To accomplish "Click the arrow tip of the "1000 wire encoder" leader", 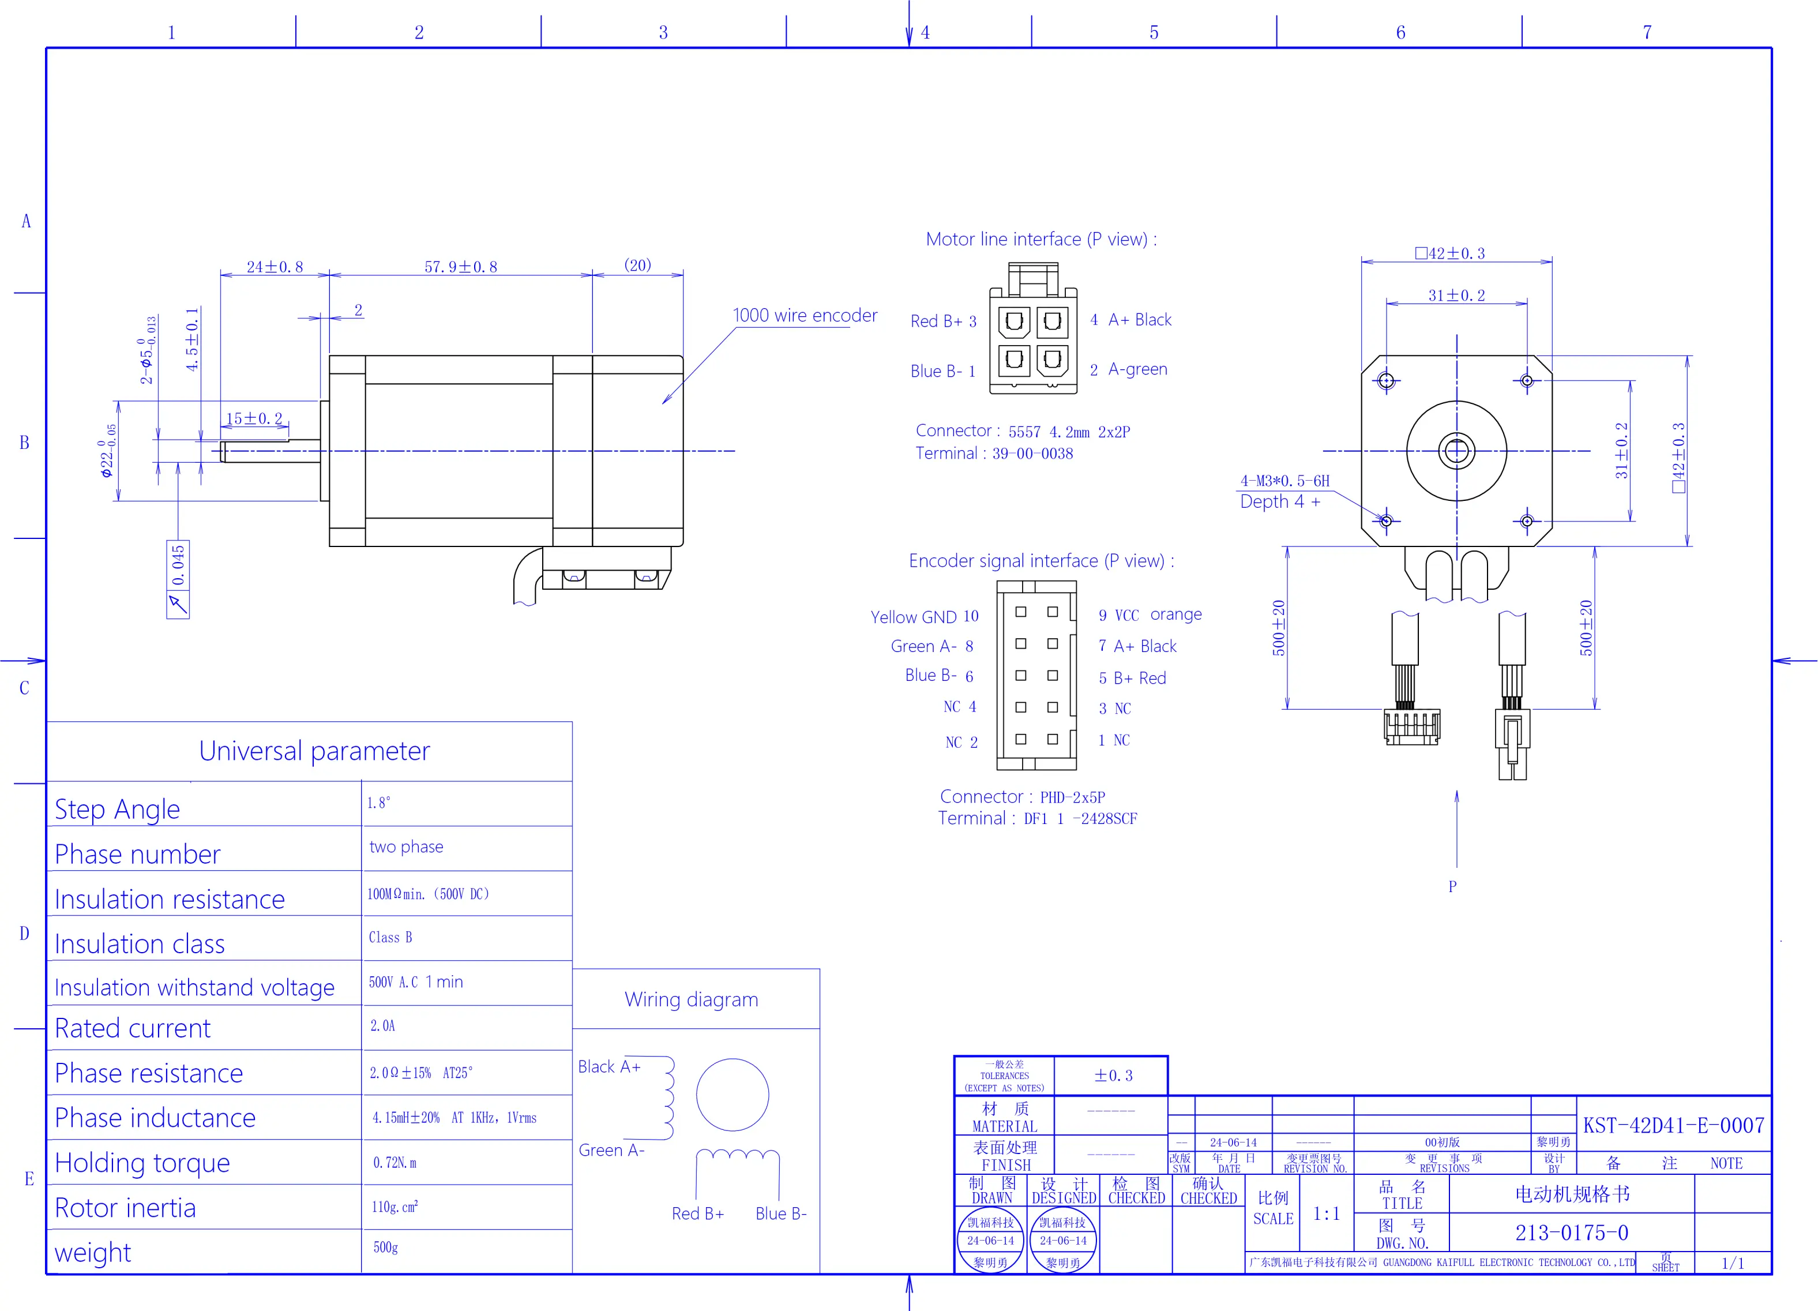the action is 662,404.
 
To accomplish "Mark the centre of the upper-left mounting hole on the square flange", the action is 1387,381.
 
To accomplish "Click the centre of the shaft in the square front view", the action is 1456,451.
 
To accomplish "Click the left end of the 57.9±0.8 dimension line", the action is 329,275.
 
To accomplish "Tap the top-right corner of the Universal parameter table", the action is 572,722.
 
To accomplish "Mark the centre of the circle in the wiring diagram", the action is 733,1095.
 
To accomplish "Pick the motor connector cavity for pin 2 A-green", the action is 1053,360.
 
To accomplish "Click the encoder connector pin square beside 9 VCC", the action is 1053,612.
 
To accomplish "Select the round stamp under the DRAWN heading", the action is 991,1241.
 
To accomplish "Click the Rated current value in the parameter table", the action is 382,1025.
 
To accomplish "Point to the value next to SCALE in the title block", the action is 1327,1214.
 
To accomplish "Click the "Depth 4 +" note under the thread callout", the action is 1280,502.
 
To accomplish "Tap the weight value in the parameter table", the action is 385,1248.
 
